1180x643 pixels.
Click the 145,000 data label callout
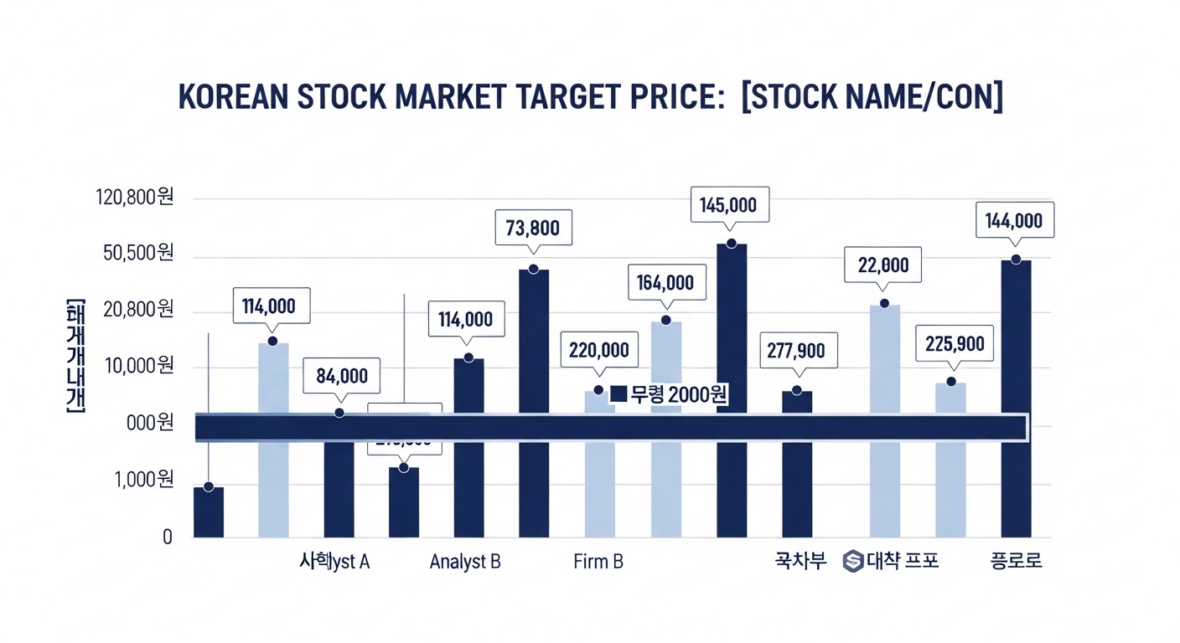[x=728, y=205]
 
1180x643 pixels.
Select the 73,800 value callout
[x=533, y=227]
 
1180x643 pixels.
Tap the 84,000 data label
[x=341, y=376]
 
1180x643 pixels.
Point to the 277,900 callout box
[x=797, y=351]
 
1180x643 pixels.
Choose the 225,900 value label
[x=955, y=343]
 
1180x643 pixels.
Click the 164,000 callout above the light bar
[x=665, y=283]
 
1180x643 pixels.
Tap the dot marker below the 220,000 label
[x=598, y=390]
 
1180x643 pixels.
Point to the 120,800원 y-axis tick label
[x=136, y=198]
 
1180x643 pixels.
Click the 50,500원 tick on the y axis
[x=138, y=254]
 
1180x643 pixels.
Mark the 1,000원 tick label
[x=144, y=480]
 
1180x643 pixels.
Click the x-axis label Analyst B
[x=465, y=561]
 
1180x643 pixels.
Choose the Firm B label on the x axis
[x=598, y=561]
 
